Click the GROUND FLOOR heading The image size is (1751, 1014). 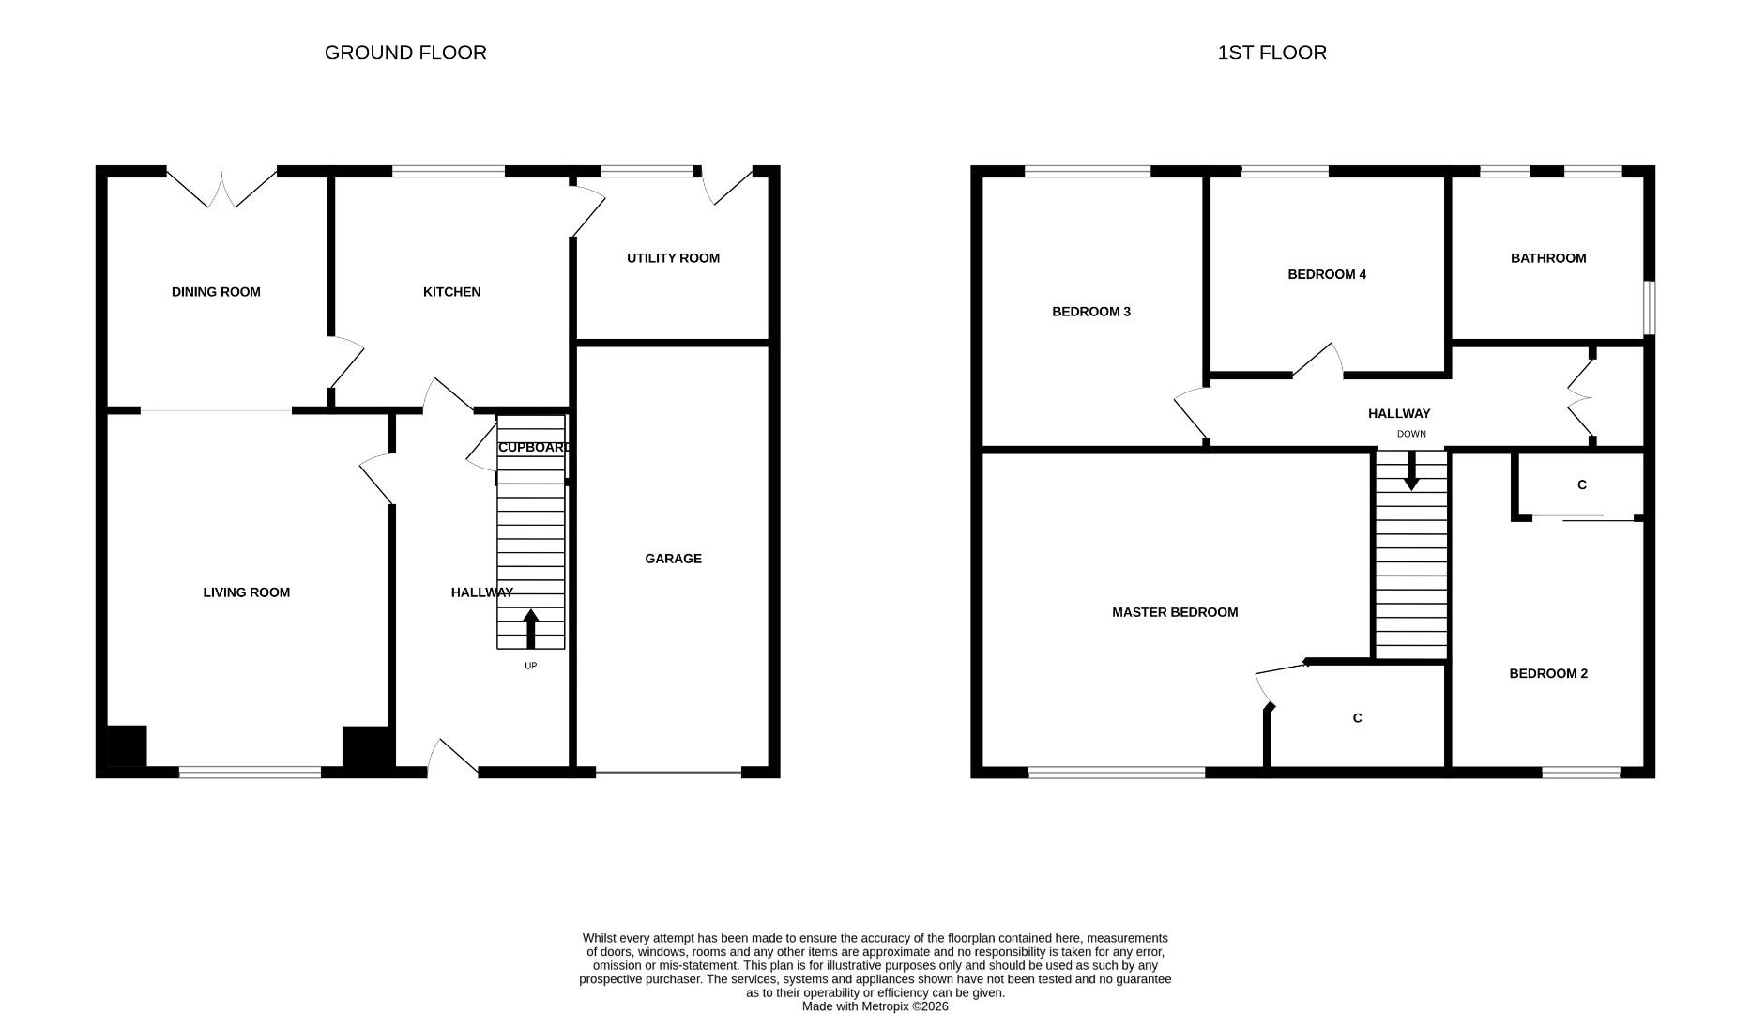tap(405, 53)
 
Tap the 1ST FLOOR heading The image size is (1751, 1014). tap(1271, 53)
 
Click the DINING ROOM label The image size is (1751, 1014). tap(216, 292)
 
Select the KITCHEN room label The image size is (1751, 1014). tap(451, 292)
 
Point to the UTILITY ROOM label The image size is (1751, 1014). tap(673, 258)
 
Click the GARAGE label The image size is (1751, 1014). tap(673, 559)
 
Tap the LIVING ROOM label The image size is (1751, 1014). tap(246, 592)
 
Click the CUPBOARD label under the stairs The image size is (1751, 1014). tap(533, 448)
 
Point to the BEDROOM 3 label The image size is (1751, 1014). tap(1090, 312)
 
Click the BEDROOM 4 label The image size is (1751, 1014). tap(1326, 274)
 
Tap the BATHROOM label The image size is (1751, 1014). tap(1547, 258)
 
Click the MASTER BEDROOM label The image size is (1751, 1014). tap(1174, 612)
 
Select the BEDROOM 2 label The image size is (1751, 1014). tap(1547, 673)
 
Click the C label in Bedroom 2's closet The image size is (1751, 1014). tap(1581, 485)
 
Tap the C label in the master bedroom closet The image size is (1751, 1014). tap(1356, 718)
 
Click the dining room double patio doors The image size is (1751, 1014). tap(222, 188)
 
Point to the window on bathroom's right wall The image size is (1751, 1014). tap(1649, 307)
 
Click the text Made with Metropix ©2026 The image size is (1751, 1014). tap(875, 1006)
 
